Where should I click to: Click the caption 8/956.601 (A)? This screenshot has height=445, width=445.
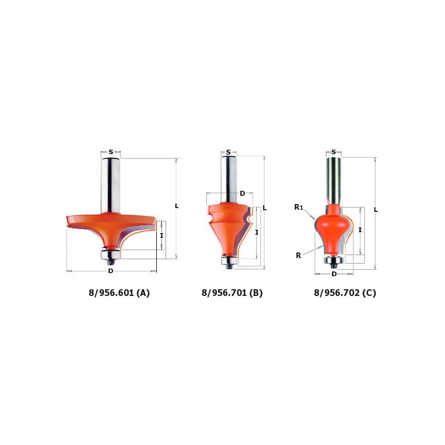119,293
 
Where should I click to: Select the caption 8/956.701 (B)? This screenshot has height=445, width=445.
232,293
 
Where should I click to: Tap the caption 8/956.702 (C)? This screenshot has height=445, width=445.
345,293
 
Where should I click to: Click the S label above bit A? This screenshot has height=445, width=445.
111,152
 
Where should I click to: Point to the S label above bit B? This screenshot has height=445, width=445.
229,152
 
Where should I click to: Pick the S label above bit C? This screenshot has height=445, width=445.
334,152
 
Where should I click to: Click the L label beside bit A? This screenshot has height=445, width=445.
177,206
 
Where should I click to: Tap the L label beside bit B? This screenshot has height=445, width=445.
265,208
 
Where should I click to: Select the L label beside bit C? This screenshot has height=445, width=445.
376,210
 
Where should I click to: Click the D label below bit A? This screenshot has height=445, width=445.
111,271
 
